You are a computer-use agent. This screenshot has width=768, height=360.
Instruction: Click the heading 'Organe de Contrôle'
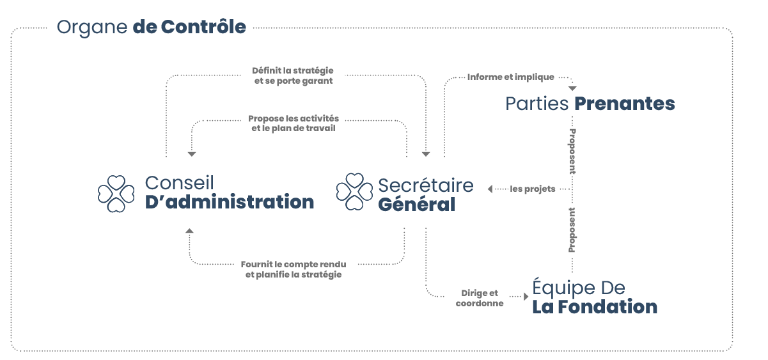[x=151, y=27]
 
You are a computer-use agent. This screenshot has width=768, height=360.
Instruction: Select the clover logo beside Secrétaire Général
[x=354, y=192]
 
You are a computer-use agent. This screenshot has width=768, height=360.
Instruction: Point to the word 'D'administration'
[x=230, y=202]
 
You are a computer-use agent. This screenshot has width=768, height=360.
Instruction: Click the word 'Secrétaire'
[x=426, y=185]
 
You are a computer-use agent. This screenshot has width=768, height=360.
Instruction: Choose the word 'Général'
[x=416, y=205]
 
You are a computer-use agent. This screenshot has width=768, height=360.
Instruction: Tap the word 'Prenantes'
[x=624, y=104]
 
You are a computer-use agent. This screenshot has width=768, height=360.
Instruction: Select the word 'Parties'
[x=537, y=104]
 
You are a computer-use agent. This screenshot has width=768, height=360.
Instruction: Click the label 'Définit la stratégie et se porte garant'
[x=293, y=75]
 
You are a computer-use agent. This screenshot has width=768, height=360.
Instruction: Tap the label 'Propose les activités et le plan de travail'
[x=294, y=123]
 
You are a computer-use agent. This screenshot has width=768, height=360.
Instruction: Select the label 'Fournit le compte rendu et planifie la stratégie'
[x=294, y=269]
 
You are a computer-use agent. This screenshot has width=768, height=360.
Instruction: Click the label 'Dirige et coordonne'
[x=480, y=298]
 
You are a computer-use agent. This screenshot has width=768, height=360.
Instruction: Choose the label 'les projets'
[x=533, y=189]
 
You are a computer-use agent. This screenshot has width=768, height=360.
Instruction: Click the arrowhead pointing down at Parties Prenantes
[x=572, y=88]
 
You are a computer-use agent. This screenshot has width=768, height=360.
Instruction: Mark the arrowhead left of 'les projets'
[x=490, y=189]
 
